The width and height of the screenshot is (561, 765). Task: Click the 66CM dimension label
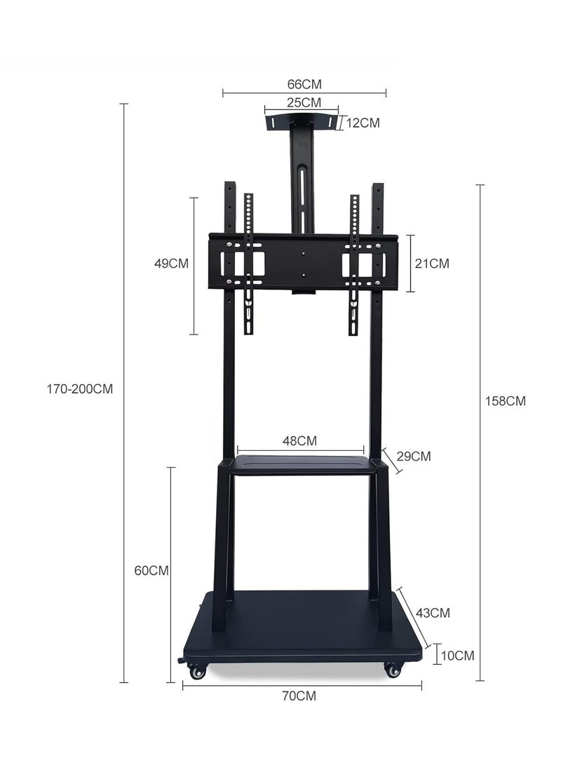click(x=304, y=84)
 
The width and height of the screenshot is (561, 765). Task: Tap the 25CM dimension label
click(x=304, y=102)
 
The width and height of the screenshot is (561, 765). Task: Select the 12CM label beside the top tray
click(x=363, y=123)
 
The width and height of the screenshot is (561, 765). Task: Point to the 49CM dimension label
click(x=171, y=264)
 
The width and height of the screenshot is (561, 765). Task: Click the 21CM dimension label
click(x=432, y=264)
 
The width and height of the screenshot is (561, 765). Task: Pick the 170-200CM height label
click(x=79, y=389)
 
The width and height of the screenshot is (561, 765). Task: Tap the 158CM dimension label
click(x=506, y=400)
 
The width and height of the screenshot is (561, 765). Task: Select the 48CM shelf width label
click(x=299, y=440)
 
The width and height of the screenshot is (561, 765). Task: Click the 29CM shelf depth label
click(x=414, y=456)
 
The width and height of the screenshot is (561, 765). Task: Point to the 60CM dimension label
click(x=151, y=570)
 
